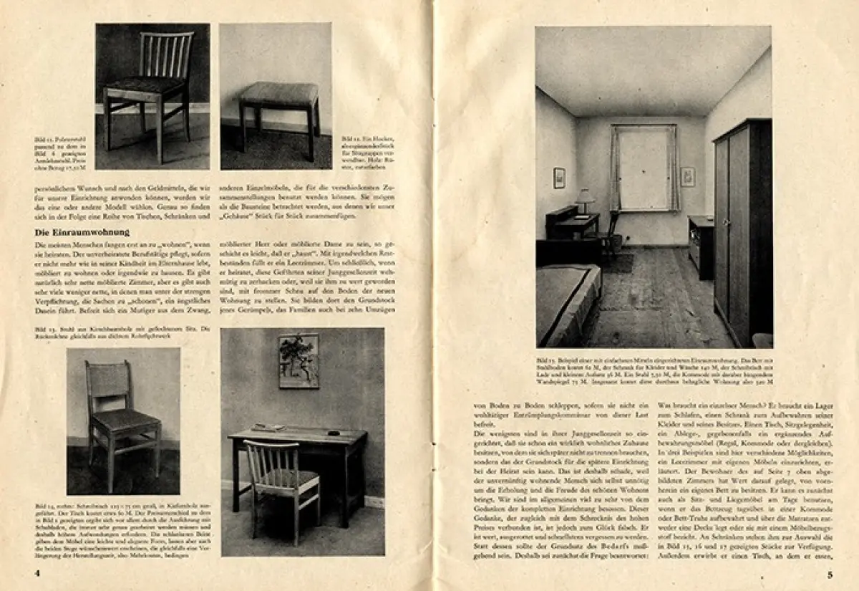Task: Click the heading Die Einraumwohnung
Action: coord(82,232)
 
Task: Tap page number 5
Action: coord(830,574)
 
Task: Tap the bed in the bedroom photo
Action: coord(567,301)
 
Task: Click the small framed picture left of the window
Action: coord(559,178)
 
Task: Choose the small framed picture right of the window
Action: coord(688,177)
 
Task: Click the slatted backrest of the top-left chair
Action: coord(167,56)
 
